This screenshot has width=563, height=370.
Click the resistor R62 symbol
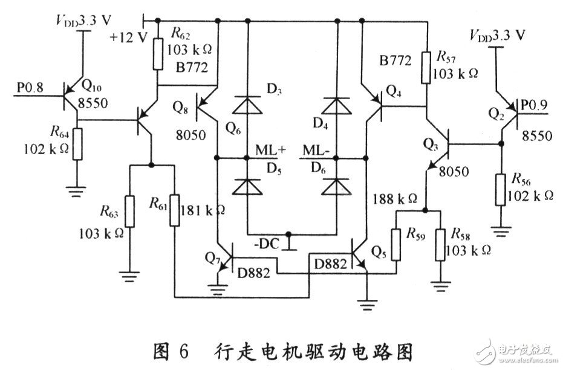coord(158,54)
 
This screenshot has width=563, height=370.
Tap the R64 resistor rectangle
coord(77,143)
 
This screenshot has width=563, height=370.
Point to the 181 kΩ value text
coord(204,210)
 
